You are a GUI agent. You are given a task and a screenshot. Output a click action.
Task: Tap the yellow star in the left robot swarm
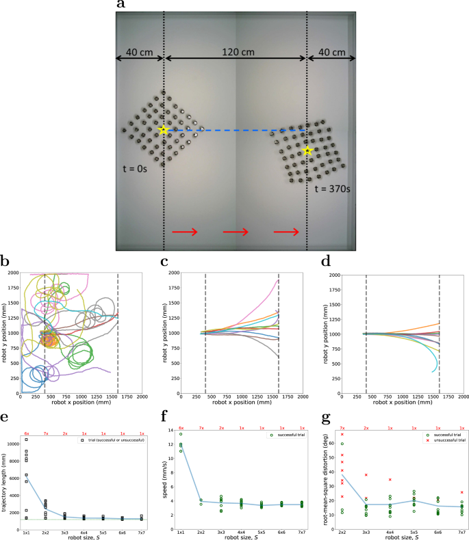(163, 130)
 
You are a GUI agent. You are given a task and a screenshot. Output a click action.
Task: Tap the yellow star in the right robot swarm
(308, 151)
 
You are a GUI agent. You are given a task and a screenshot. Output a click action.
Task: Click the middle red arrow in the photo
(235, 232)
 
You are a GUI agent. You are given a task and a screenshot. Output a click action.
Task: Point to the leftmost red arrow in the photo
(184, 232)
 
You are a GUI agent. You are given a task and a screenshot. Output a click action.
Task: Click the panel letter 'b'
(5, 262)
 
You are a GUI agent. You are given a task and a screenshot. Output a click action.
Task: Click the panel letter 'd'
(325, 262)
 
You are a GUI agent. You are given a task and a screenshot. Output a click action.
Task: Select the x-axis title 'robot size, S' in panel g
(394, 537)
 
